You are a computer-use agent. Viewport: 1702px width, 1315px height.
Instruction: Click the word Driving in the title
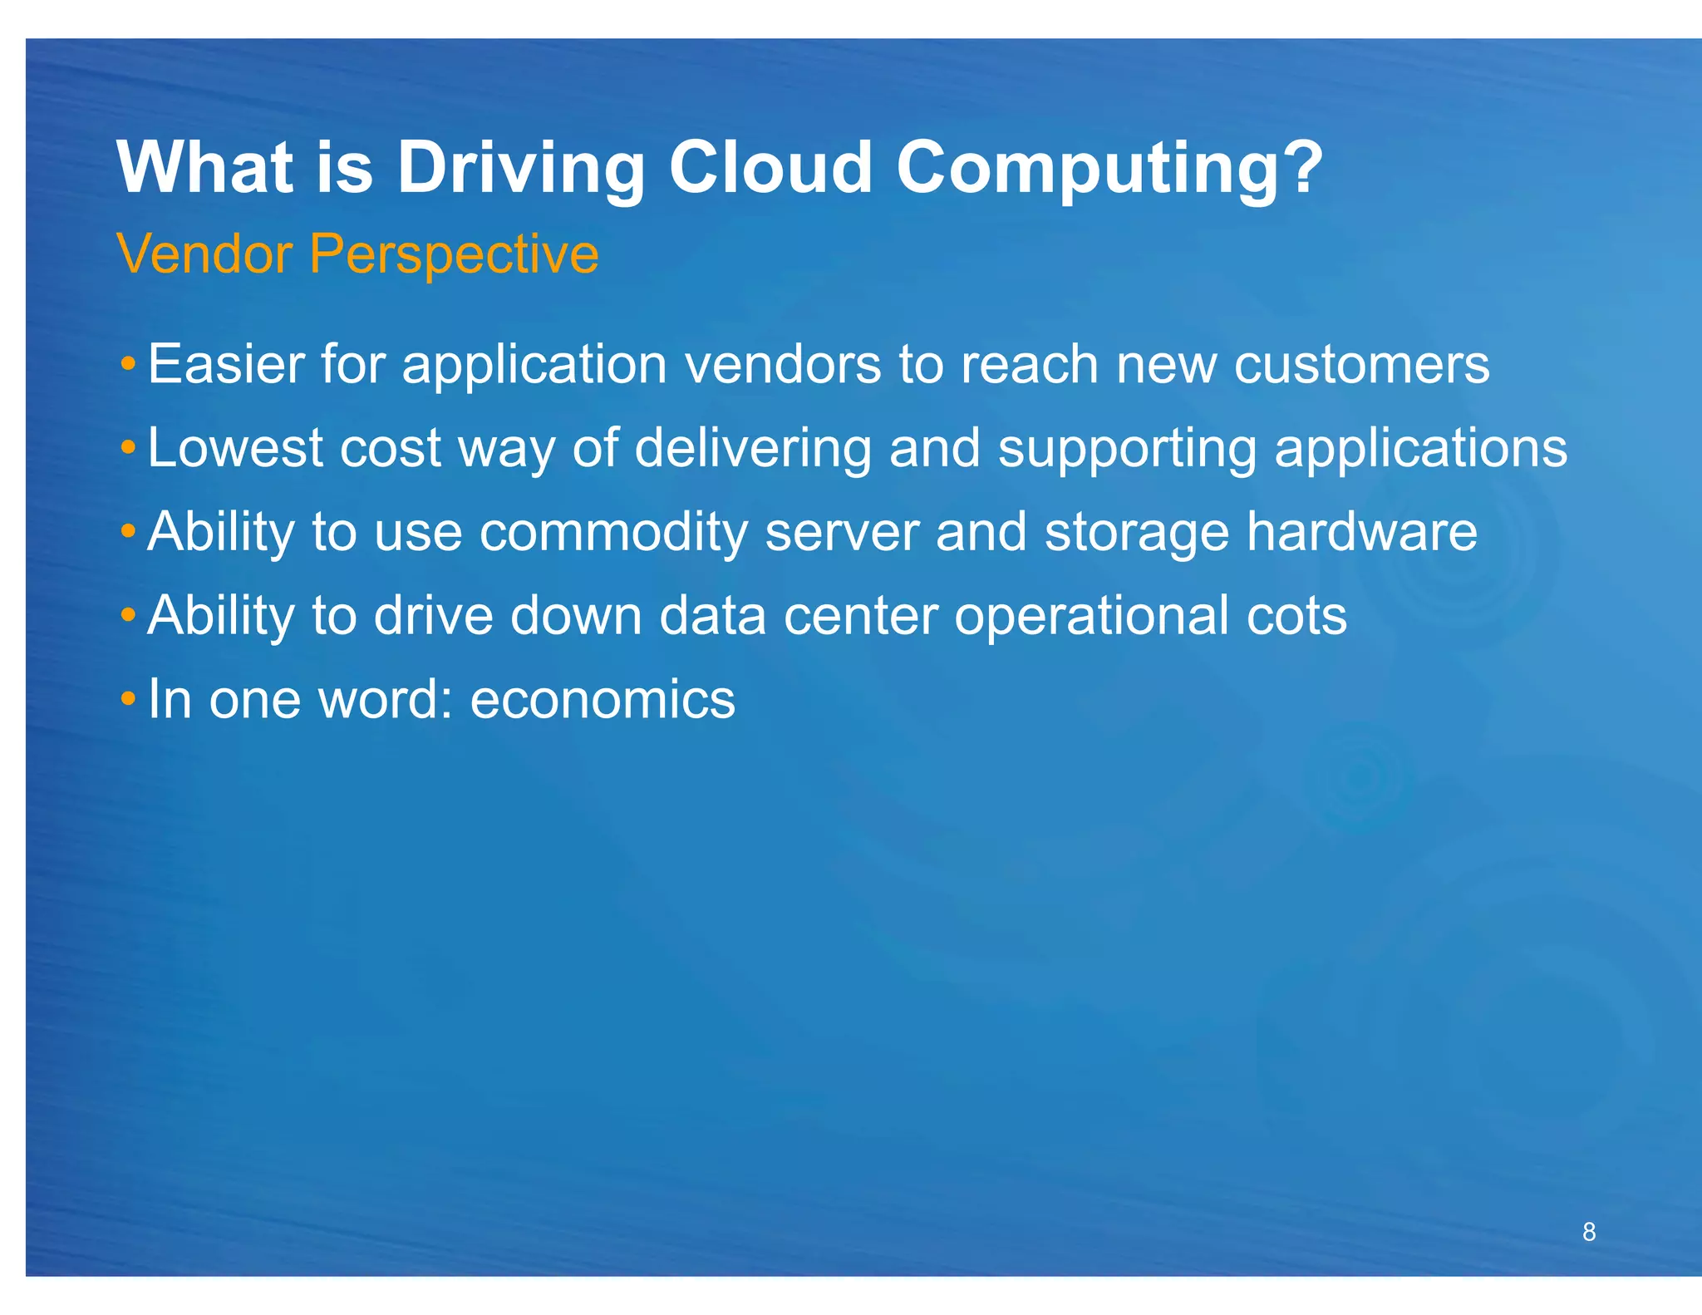(520, 169)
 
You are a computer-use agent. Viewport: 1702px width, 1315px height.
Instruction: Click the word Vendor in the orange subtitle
(204, 254)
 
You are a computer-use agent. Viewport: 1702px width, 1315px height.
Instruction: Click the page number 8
(1588, 1232)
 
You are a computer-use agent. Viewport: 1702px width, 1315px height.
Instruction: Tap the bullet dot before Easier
(127, 364)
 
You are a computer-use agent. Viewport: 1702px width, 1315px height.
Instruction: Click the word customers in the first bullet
(1360, 366)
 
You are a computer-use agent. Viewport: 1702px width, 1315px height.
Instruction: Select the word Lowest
(235, 448)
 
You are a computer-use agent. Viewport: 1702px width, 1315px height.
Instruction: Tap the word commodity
(613, 534)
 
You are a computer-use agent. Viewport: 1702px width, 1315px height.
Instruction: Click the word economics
(603, 700)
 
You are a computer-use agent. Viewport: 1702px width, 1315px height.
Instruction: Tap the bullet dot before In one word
(127, 698)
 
